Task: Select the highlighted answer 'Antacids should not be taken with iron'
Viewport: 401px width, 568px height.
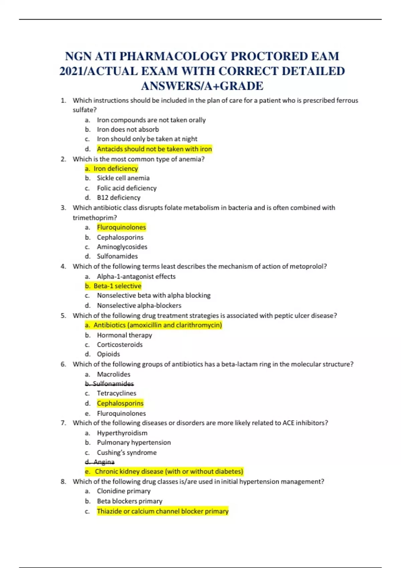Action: pyautogui.click(x=154, y=149)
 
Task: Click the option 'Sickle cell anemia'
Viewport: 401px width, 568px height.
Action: pyautogui.click(x=123, y=178)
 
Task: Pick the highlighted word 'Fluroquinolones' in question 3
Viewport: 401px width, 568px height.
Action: pyautogui.click(x=121, y=228)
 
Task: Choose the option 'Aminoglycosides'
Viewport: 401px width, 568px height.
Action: pyautogui.click(x=122, y=247)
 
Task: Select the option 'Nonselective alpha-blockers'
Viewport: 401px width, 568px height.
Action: pyautogui.click(x=139, y=305)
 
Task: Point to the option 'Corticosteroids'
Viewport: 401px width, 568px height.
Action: pyautogui.click(x=120, y=344)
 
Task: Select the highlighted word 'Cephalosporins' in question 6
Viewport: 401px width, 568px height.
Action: pyautogui.click(x=120, y=403)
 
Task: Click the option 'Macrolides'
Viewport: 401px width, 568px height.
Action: pyautogui.click(x=114, y=374)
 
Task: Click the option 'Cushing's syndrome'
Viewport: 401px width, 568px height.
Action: pyautogui.click(x=127, y=452)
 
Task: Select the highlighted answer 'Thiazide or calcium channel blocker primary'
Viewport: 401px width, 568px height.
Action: pyautogui.click(x=162, y=511)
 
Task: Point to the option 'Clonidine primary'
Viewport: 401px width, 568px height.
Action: pyautogui.click(x=124, y=491)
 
